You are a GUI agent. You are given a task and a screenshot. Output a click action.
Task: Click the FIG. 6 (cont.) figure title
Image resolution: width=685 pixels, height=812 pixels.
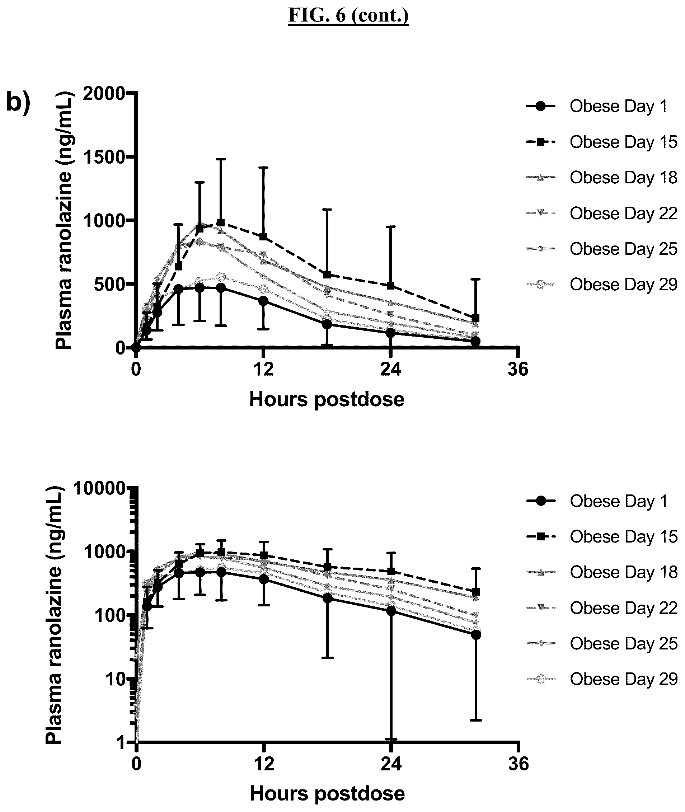[348, 16]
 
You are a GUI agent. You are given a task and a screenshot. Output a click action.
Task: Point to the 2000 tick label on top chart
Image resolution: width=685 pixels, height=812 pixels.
[104, 94]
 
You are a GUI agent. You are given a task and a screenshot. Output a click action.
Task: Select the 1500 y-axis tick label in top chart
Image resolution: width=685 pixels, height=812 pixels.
[104, 157]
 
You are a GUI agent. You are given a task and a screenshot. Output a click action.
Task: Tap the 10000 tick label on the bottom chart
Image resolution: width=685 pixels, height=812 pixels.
[99, 488]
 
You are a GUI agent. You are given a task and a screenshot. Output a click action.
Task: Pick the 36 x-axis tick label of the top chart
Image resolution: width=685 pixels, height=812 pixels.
[518, 369]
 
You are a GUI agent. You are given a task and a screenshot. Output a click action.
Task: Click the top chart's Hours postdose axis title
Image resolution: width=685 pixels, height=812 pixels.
[327, 399]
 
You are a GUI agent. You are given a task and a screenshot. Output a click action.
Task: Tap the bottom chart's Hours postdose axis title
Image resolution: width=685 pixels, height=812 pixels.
[327, 794]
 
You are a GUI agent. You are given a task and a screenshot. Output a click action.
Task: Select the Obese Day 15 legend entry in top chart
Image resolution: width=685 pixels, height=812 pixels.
[601, 142]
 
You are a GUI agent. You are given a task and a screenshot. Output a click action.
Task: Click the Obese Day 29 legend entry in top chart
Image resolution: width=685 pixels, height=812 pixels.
[601, 285]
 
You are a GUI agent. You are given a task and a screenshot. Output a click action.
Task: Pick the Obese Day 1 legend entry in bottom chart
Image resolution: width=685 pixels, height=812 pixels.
[597, 501]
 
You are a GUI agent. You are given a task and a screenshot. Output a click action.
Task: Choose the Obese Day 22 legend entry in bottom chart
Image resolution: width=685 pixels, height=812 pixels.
[602, 608]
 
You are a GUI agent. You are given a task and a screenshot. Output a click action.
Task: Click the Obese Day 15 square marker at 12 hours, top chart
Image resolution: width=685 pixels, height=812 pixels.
[263, 236]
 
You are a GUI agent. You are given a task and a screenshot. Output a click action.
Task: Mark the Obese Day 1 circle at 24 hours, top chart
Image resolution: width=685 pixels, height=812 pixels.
[391, 332]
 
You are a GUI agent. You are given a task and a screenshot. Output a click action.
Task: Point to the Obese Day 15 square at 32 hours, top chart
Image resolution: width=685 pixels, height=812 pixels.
[475, 318]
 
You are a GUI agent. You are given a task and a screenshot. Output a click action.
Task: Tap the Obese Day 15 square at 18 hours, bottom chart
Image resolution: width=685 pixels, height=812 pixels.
[327, 567]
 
